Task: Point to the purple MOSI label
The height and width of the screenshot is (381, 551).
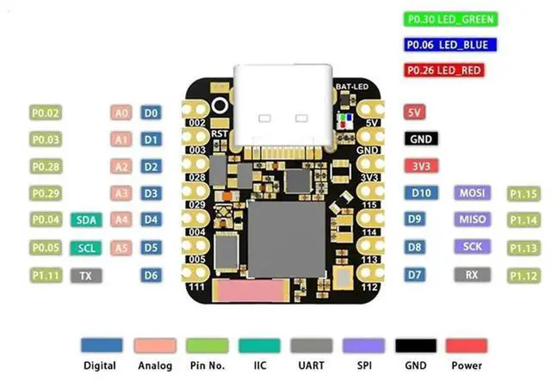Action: click(x=474, y=193)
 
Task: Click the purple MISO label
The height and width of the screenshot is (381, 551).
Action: click(x=474, y=219)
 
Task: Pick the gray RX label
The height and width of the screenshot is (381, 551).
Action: click(x=472, y=275)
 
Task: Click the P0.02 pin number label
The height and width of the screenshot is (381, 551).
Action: click(x=46, y=113)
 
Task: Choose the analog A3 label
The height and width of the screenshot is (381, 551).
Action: click(x=121, y=194)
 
